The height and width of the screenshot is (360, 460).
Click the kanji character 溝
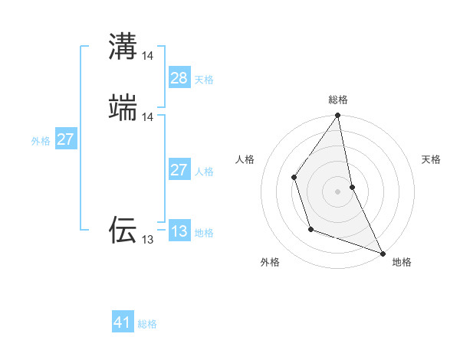click(123, 44)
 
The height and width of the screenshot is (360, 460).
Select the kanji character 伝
click(123, 229)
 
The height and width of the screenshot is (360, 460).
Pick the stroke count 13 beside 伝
click(148, 240)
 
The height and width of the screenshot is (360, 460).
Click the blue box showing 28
click(179, 77)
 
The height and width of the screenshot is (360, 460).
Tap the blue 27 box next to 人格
click(179, 170)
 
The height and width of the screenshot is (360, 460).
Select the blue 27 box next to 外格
click(66, 139)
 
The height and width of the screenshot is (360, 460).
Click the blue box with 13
click(179, 231)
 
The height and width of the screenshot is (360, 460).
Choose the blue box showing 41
click(123, 322)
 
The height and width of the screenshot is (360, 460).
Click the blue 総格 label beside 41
click(147, 324)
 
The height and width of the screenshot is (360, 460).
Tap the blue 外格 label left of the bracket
click(41, 141)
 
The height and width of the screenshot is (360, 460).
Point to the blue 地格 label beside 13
click(204, 233)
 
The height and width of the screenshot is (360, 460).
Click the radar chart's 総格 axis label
click(338, 100)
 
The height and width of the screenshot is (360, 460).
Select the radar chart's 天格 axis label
click(432, 159)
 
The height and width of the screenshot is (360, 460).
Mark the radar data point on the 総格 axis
click(337, 116)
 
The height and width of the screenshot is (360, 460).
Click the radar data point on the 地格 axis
click(382, 253)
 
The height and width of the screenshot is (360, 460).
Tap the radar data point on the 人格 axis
click(294, 177)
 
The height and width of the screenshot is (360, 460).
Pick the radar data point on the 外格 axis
click(310, 229)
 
